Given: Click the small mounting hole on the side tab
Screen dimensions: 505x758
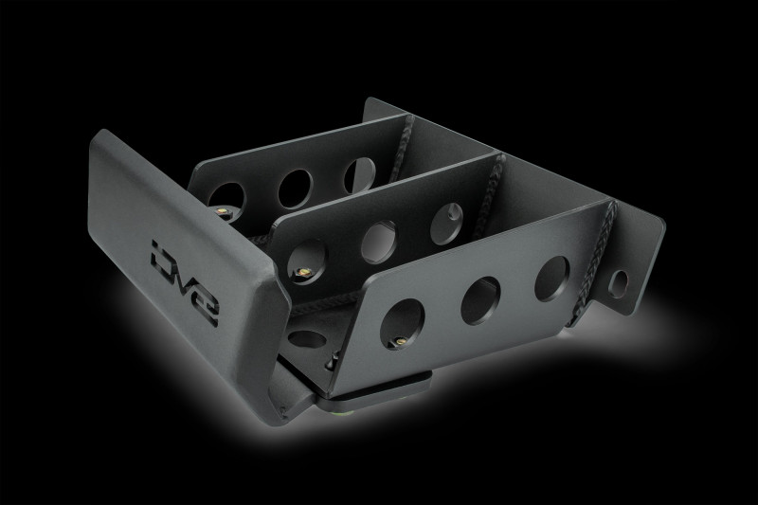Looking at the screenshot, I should coord(621,281).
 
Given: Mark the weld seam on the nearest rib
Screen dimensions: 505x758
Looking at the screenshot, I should coord(603,237).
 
